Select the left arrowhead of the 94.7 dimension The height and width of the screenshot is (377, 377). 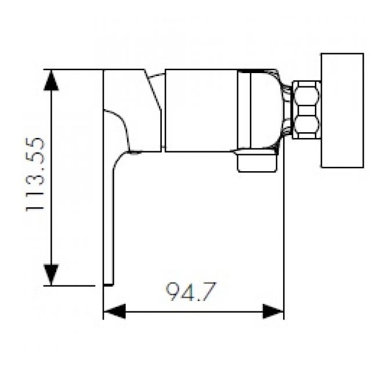[x=114, y=311]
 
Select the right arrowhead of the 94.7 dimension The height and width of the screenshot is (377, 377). [x=273, y=311]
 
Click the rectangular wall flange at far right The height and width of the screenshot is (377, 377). [x=342, y=110]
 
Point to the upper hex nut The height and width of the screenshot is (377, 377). [x=306, y=95]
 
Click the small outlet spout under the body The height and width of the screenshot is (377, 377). [x=256, y=162]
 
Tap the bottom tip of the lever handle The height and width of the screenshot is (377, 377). [x=108, y=282]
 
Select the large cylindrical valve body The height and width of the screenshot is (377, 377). [x=201, y=110]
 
